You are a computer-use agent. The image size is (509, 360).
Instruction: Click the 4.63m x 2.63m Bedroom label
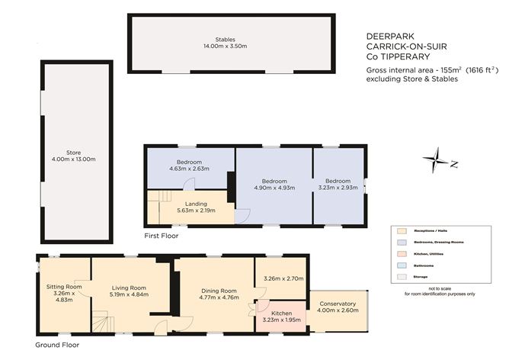(189, 162)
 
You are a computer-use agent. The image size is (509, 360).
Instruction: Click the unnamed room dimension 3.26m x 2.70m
(283, 279)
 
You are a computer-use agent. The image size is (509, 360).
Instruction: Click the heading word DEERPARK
(386, 34)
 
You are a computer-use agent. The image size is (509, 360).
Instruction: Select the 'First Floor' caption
(162, 236)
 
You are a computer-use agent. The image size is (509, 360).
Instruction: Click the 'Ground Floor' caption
(57, 345)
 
